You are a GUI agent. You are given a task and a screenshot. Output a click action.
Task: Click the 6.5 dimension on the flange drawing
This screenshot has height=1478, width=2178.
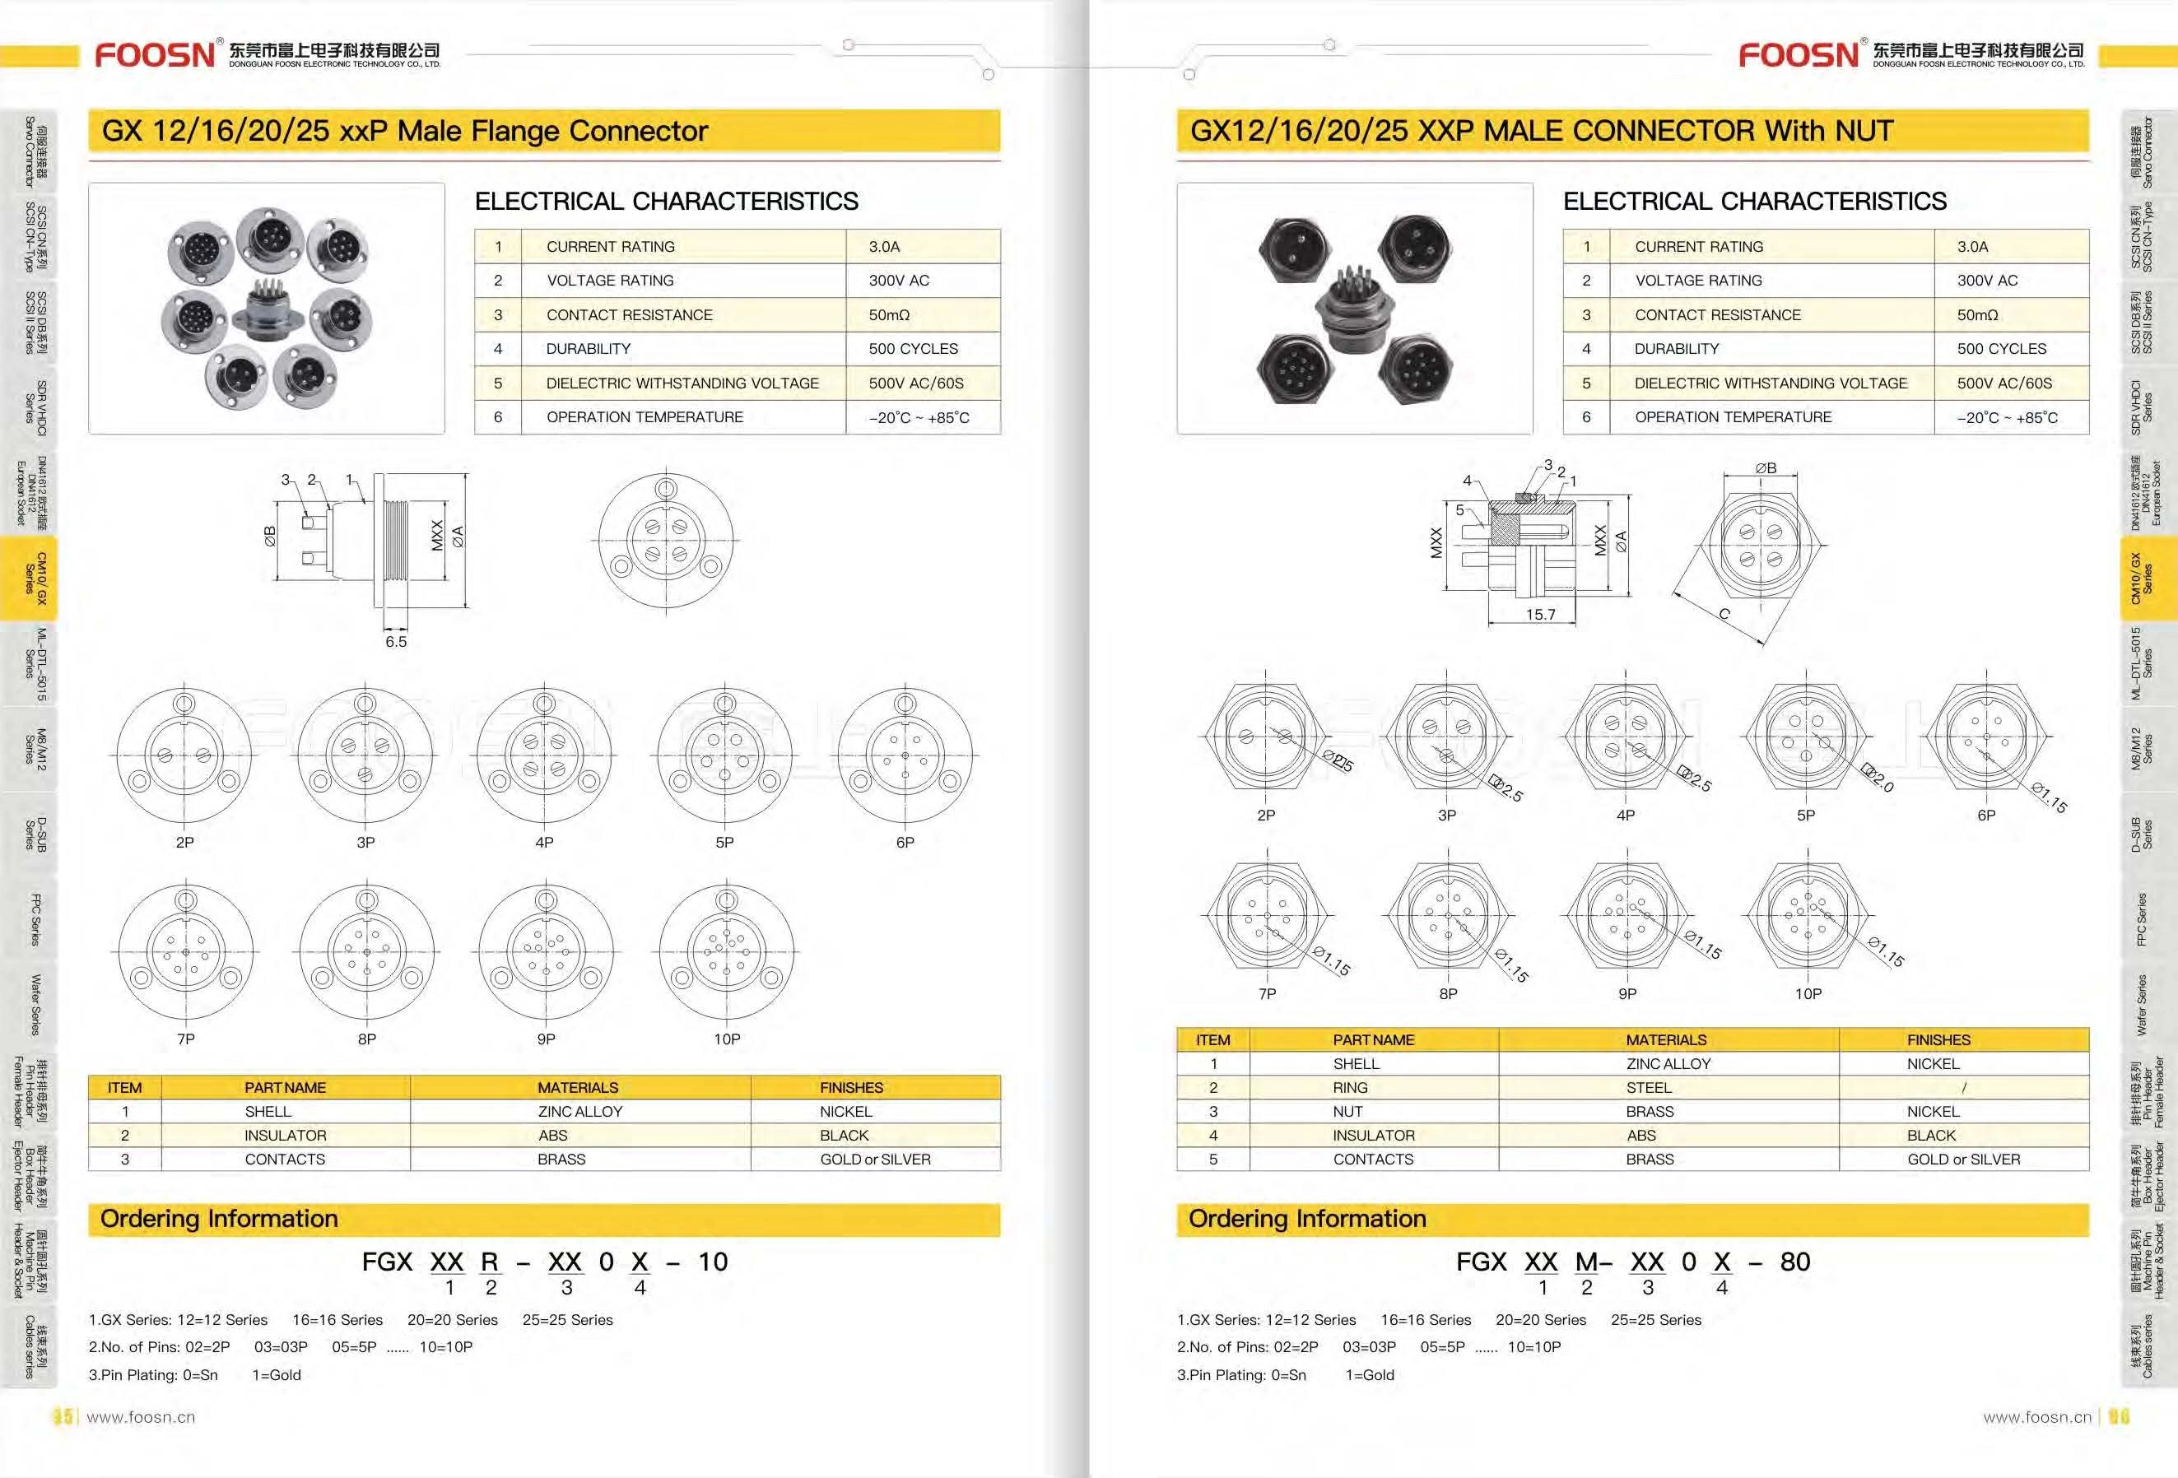395,642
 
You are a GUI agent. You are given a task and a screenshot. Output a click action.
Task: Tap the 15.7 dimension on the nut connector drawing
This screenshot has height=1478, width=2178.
1540,615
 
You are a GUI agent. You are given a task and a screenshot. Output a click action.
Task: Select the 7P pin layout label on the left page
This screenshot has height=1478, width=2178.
185,1039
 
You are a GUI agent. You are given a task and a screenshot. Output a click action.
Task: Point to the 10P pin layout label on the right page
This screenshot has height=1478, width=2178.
1808,993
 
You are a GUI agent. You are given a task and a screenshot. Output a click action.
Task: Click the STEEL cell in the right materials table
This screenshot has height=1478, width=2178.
1649,1087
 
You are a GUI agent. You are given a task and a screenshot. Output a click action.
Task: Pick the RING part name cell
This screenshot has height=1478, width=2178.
1350,1087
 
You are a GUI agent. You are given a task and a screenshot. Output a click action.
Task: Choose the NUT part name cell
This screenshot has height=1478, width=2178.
1347,1112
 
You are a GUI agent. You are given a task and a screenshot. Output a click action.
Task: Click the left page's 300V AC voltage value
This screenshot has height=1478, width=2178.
900,281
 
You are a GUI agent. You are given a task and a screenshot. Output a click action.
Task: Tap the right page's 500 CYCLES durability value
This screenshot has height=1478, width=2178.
2001,349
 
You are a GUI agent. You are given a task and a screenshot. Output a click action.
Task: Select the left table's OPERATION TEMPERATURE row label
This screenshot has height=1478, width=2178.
645,417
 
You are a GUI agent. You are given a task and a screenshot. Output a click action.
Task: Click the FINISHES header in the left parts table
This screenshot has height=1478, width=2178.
851,1087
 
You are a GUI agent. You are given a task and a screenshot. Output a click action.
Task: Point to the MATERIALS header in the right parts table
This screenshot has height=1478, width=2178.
1665,1039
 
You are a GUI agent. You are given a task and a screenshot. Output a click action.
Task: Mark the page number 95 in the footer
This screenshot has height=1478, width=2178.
63,1417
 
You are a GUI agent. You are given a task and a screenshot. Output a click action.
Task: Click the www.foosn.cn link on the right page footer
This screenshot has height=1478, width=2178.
2036,1417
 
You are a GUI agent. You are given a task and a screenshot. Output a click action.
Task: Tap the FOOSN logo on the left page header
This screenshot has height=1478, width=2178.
155,54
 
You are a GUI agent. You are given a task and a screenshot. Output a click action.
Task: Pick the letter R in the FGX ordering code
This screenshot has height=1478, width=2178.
489,1262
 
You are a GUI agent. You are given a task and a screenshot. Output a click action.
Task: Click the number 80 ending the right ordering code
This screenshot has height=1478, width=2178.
1794,1262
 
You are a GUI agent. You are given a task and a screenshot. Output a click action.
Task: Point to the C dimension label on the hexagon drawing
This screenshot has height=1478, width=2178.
1724,614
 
